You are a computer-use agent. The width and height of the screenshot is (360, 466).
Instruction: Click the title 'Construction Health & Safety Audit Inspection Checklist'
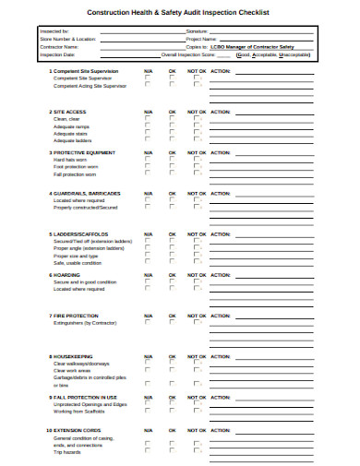(x=179, y=12)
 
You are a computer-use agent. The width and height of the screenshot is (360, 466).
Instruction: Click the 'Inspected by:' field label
(x=42, y=31)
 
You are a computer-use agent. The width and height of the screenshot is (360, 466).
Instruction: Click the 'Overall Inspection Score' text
(x=202, y=54)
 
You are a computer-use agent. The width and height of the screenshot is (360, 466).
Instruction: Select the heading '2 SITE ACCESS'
(x=70, y=111)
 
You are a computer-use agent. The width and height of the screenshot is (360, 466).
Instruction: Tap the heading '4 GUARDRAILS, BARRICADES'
(x=86, y=193)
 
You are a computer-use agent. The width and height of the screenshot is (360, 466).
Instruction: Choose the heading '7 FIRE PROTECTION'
(x=78, y=316)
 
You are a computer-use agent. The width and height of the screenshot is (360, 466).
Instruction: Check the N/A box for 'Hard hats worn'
(x=147, y=160)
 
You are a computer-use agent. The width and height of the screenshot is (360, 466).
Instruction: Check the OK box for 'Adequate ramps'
(x=172, y=126)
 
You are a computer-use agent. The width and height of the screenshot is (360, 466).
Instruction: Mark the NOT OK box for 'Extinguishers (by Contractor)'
(x=197, y=324)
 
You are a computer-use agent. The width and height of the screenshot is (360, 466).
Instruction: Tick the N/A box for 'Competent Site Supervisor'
(x=147, y=78)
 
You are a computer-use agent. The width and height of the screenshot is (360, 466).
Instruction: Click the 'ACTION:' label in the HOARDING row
(x=221, y=275)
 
